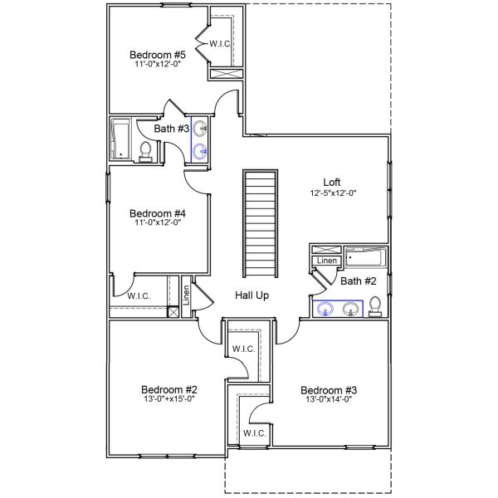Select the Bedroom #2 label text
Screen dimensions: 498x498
coord(168,389)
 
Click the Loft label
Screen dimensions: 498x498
coord(332,183)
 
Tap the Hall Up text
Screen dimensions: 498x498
coord(251,295)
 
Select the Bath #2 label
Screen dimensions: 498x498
coord(359,281)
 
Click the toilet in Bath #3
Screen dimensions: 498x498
coord(146,150)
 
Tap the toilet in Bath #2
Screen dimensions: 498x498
coord(375,305)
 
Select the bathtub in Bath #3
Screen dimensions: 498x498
coord(121,139)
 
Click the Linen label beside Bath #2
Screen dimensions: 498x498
coord(326,261)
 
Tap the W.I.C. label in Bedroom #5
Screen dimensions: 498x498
coord(220,43)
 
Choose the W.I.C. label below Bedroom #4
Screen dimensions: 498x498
coord(138,295)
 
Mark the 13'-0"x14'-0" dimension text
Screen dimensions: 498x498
coord(328,400)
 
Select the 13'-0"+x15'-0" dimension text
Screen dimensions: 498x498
coord(168,399)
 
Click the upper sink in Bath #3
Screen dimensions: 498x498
coord(200,130)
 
